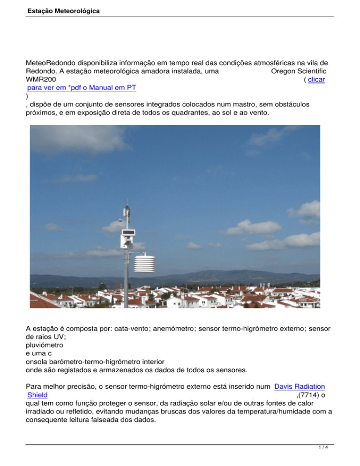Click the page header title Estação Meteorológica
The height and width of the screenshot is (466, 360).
63,9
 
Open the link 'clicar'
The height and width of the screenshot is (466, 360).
317,80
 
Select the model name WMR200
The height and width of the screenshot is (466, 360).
42,80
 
